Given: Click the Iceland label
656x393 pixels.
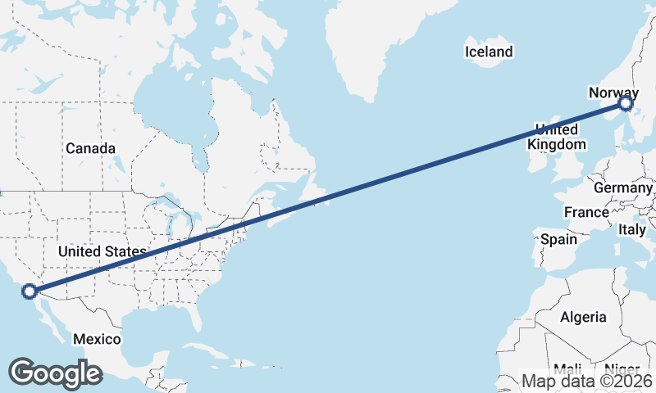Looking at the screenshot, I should pyautogui.click(x=489, y=52).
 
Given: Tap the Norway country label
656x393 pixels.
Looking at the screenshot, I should pyautogui.click(x=613, y=93).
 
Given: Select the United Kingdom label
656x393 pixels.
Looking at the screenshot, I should pyautogui.click(x=557, y=137).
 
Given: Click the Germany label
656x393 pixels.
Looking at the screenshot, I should pyautogui.click(x=622, y=187).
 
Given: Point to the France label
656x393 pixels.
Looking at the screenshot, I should pyautogui.click(x=586, y=212).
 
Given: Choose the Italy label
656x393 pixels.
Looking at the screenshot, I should pyautogui.click(x=632, y=230).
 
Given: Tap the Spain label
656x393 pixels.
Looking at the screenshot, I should pyautogui.click(x=558, y=240).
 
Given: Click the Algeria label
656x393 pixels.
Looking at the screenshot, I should pyautogui.click(x=583, y=317).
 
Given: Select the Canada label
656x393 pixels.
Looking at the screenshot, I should pyautogui.click(x=90, y=148).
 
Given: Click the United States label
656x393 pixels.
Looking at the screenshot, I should pyautogui.click(x=102, y=251).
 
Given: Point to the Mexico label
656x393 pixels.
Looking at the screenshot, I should pyautogui.click(x=97, y=339).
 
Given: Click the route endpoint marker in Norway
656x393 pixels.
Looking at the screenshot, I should pyautogui.click(x=626, y=103).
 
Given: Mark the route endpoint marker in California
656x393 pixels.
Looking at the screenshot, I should pyautogui.click(x=30, y=291).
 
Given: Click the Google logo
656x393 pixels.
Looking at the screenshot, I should pyautogui.click(x=55, y=373).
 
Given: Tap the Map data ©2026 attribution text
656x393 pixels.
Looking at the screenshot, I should pyautogui.click(x=587, y=382).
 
